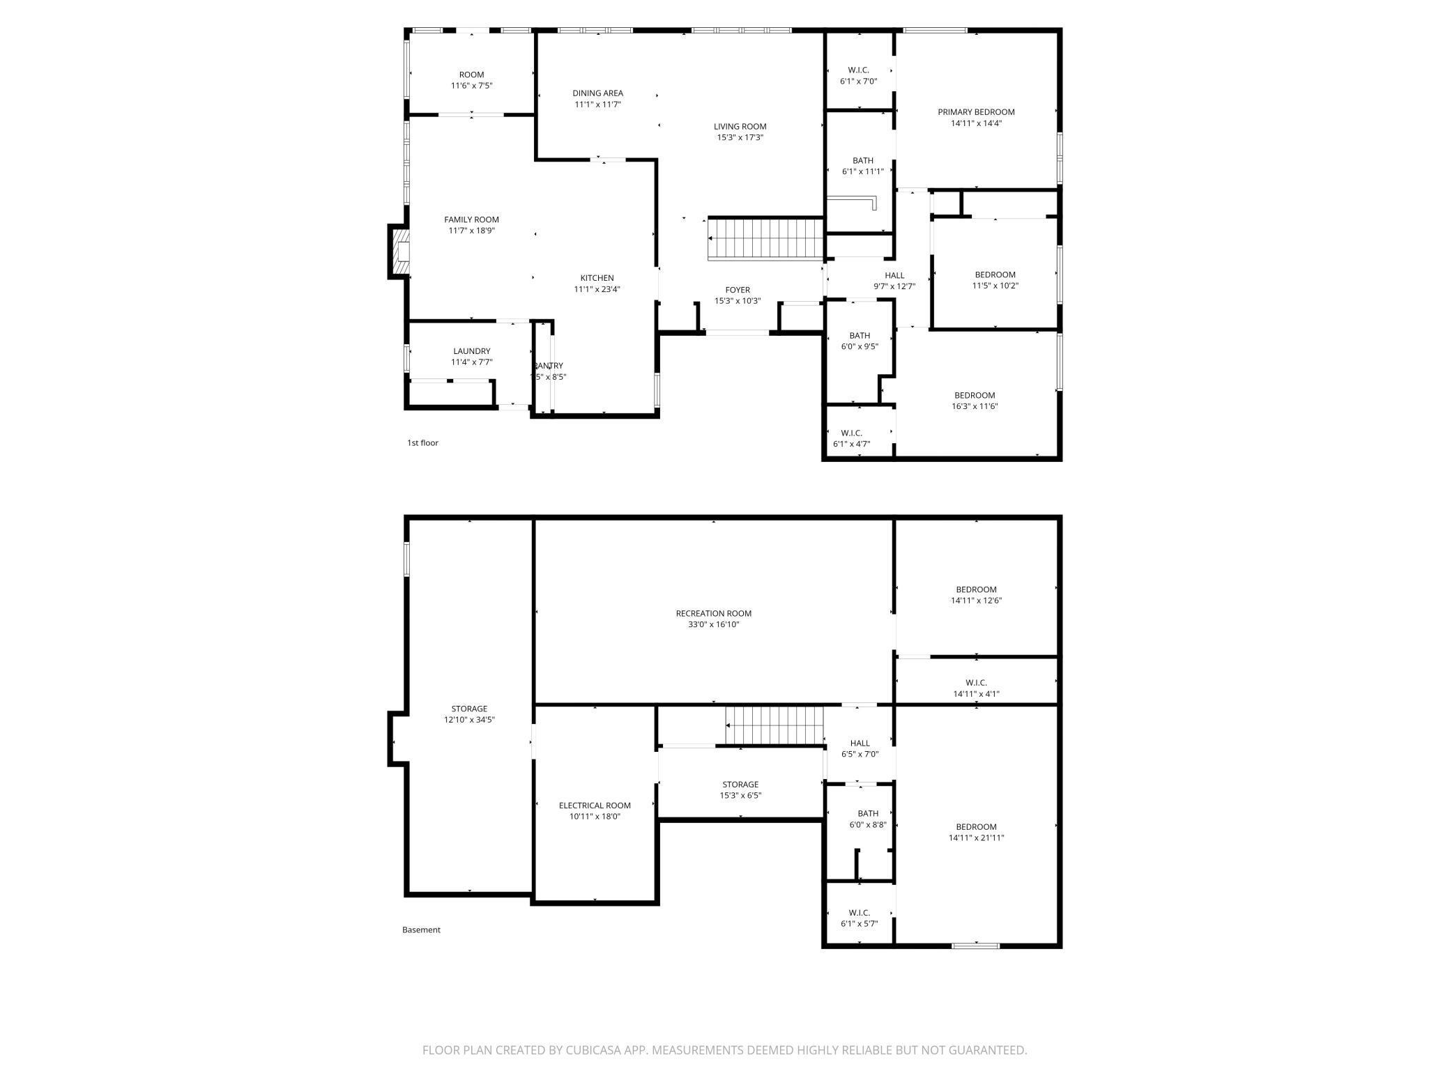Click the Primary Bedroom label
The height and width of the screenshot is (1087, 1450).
coord(975,112)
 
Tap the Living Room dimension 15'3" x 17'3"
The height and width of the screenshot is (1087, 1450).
coord(740,138)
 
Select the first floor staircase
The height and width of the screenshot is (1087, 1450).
coord(765,238)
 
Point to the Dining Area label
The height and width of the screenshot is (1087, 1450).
coord(597,93)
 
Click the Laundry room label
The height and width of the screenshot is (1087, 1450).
coord(471,351)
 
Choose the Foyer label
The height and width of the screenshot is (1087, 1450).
coord(737,290)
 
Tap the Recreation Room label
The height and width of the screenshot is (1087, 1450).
coord(713,614)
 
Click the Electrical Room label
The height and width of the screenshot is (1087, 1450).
coord(594,805)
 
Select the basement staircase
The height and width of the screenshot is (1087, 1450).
coord(774,725)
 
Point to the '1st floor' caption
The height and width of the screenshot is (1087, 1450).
coord(422,443)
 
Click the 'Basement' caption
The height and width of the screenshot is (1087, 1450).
coord(421,930)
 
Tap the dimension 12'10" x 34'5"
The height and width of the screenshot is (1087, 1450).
coord(469,720)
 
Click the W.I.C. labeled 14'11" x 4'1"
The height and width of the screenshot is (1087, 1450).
coord(976,683)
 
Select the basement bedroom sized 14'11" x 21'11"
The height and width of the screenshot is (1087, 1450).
coord(976,827)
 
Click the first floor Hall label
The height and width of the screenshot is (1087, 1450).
coord(894,275)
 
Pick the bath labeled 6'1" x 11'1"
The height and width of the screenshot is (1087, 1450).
coord(862,161)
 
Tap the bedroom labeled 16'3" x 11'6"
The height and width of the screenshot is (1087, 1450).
coord(975,396)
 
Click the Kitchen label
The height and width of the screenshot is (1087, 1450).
coord(597,278)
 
